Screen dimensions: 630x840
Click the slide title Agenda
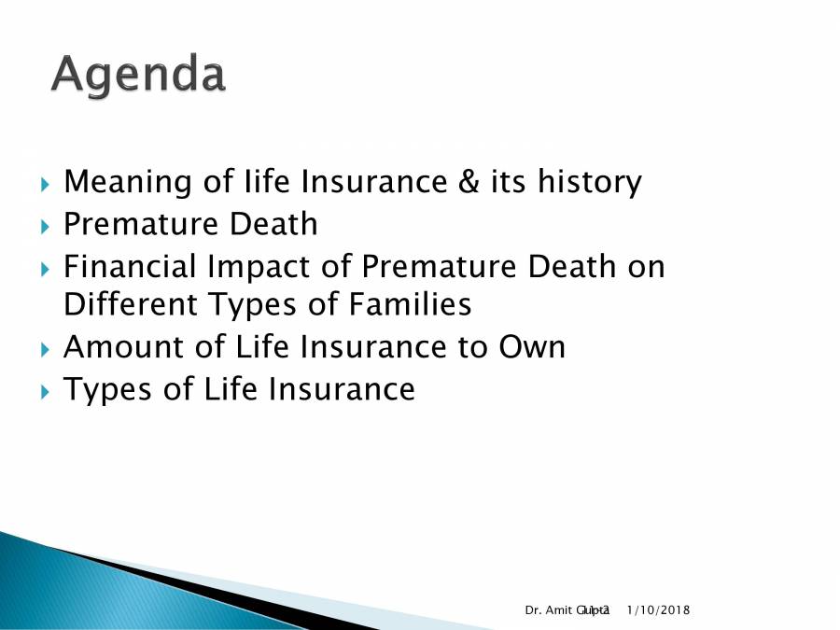138,75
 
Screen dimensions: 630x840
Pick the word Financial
130,267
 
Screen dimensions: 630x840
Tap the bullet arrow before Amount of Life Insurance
47,348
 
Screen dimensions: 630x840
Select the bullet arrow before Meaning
47,183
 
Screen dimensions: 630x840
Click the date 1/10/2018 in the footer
658,609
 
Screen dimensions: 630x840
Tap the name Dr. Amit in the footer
551,609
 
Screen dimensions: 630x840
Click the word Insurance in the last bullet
342,389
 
